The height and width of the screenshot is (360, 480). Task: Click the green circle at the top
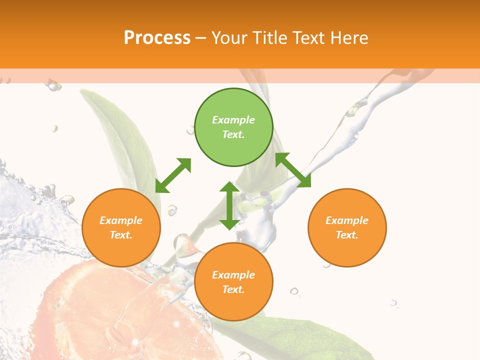pyautogui.click(x=233, y=127)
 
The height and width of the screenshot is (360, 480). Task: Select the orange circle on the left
pyautogui.click(x=121, y=227)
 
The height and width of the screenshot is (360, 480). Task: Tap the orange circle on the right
pyautogui.click(x=347, y=227)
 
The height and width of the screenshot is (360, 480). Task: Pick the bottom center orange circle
pyautogui.click(x=233, y=282)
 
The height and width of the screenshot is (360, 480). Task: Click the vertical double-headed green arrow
pyautogui.click(x=229, y=205)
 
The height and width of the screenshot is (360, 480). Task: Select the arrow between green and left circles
pyautogui.click(x=173, y=175)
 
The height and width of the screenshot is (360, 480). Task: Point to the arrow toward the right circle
pyautogui.click(x=293, y=170)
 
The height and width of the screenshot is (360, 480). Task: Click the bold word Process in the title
pyautogui.click(x=157, y=37)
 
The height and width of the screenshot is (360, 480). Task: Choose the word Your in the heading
pyautogui.click(x=228, y=37)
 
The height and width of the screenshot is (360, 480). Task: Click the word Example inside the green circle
pyautogui.click(x=233, y=120)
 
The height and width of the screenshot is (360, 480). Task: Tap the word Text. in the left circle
pyautogui.click(x=121, y=235)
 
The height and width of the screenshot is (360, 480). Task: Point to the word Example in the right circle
pyautogui.click(x=347, y=220)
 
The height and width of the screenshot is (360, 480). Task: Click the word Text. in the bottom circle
pyautogui.click(x=233, y=289)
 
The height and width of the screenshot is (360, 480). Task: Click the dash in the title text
pyautogui.click(x=201, y=38)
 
